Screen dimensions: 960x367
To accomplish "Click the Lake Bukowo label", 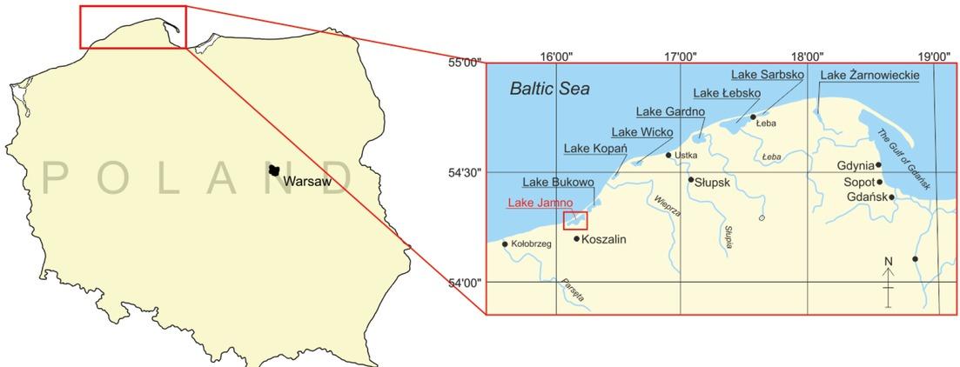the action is (x=558, y=183).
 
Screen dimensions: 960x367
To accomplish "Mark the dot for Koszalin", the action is (x=576, y=238).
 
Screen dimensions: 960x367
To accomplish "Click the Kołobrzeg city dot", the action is (x=505, y=244).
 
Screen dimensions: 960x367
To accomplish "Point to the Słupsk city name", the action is (x=714, y=181).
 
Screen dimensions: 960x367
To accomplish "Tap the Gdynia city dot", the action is (x=878, y=164).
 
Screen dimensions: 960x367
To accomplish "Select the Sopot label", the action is (x=856, y=183).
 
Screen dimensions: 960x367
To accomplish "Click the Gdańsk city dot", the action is (x=891, y=197).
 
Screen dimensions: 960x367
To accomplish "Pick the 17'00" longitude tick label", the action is (x=681, y=57).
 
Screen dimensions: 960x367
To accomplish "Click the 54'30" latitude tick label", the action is (x=464, y=173).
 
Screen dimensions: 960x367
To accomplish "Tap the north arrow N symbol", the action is (x=888, y=261).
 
